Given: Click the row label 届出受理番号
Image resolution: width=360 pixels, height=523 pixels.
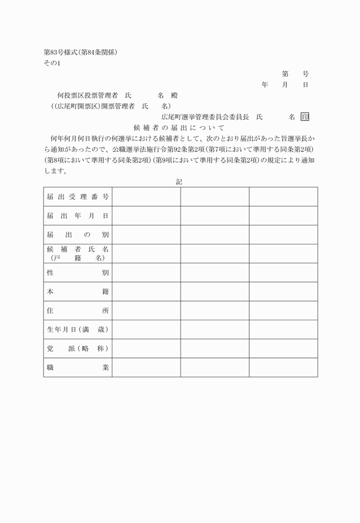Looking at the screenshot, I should (x=78, y=197).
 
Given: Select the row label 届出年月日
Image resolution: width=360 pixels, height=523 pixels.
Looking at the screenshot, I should (x=78, y=216).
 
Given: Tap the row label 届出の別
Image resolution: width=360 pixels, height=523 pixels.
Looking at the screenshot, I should (x=78, y=235).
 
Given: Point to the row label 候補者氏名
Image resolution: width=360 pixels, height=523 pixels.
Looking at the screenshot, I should (x=78, y=250).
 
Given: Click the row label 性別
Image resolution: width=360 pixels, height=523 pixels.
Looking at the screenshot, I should (x=78, y=272).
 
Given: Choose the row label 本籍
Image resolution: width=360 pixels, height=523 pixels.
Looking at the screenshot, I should (x=78, y=292).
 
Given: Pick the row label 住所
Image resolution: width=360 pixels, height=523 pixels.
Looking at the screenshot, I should (x=78, y=311).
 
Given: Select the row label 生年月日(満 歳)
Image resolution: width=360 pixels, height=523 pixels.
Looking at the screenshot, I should (x=78, y=329).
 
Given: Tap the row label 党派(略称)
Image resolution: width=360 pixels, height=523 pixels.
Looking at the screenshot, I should (x=78, y=348).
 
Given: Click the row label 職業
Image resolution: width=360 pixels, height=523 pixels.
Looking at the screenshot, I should (x=78, y=368).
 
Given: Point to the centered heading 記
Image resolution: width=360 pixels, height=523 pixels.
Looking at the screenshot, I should (x=179, y=182).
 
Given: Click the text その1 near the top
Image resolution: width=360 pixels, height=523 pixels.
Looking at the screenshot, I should (x=51, y=63).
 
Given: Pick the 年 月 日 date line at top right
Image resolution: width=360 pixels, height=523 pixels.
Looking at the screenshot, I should (x=285, y=85).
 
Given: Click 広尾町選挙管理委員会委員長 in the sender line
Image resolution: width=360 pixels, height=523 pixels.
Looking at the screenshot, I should (x=205, y=117).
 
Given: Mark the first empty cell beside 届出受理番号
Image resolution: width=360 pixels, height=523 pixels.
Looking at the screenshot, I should (x=146, y=197).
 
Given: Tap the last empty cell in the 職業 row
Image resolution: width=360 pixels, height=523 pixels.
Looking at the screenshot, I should (x=283, y=368).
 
